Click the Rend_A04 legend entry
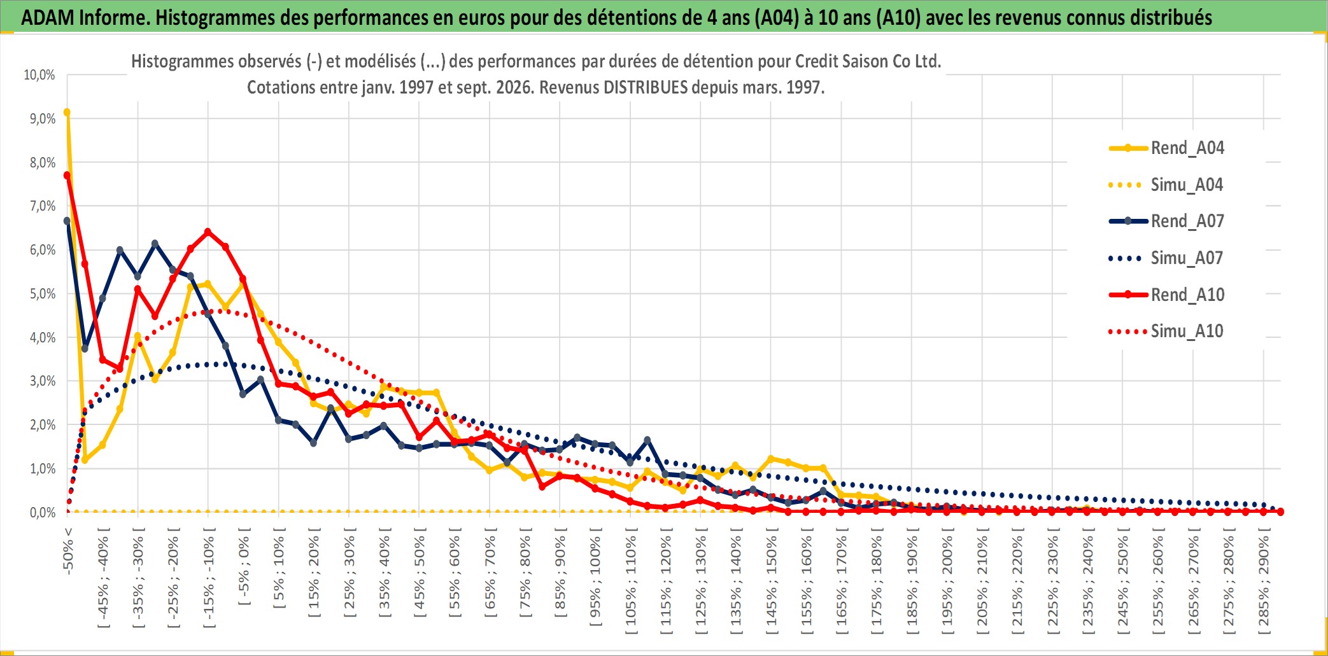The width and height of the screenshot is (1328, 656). [1166, 148]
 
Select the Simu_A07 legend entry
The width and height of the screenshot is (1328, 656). [1166, 258]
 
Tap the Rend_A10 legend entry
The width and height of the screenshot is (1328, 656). [1166, 295]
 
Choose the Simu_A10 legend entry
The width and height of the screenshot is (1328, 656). [1166, 331]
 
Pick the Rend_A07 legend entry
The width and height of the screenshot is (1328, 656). [1166, 221]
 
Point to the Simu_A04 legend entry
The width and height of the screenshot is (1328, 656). [1166, 185]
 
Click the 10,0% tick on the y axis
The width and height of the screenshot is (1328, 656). [39, 75]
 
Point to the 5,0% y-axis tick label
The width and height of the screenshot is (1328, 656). [42, 294]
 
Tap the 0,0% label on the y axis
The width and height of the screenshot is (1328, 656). [42, 513]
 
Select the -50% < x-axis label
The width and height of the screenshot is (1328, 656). [68, 551]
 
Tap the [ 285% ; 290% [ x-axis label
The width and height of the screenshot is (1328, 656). [1264, 581]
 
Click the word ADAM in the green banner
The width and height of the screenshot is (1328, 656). [47, 18]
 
